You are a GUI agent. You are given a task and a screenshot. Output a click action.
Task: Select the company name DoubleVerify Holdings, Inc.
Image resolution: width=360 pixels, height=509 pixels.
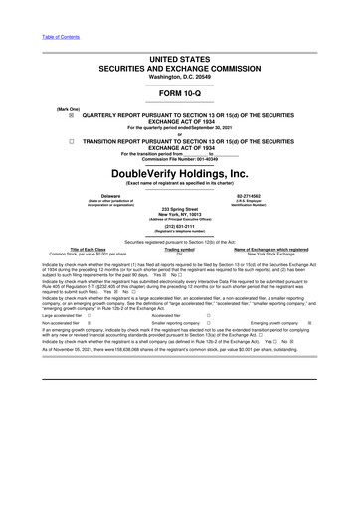pyautogui.click(x=179, y=174)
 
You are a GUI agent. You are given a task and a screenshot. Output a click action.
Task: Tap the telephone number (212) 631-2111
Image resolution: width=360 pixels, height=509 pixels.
pyautogui.click(x=180, y=224)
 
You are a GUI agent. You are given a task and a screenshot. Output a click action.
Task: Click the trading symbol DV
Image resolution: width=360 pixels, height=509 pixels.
pyautogui.click(x=179, y=254)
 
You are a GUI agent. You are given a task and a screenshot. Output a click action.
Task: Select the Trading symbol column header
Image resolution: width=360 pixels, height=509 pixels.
pyautogui.click(x=179, y=249)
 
